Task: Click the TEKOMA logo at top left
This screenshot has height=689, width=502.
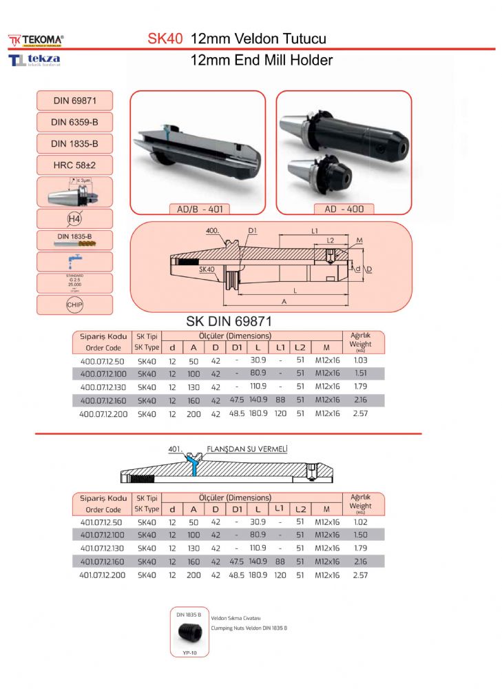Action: pyautogui.click(x=36, y=39)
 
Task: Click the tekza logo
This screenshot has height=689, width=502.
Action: pyautogui.click(x=34, y=61)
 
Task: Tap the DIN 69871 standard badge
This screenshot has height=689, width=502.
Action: pyautogui.click(x=74, y=101)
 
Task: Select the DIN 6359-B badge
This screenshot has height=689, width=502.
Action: pyautogui.click(x=74, y=123)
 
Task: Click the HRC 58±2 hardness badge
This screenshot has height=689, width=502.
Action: pyautogui.click(x=74, y=165)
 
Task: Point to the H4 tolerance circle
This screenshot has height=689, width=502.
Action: pyautogui.click(x=74, y=219)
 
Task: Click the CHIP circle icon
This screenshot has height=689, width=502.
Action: pyautogui.click(x=74, y=305)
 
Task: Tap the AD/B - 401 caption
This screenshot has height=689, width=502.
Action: pyautogui.click(x=198, y=209)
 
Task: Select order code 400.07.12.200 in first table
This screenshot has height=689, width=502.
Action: pyautogui.click(x=102, y=413)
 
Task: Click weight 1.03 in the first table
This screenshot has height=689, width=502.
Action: pyautogui.click(x=360, y=360)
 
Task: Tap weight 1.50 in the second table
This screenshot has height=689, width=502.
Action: pyautogui.click(x=360, y=535)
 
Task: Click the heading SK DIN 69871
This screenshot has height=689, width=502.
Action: pyautogui.click(x=230, y=321)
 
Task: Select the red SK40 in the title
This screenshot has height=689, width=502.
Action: pyautogui.click(x=165, y=39)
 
